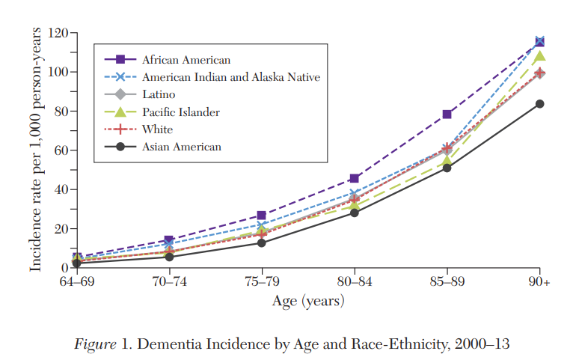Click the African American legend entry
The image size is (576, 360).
(186, 59)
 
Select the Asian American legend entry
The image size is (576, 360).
(181, 147)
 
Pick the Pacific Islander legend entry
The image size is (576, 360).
(180, 112)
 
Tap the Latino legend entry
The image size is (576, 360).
(159, 94)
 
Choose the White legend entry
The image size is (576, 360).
(157, 129)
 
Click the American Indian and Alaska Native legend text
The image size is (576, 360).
(231, 77)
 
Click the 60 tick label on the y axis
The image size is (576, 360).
(61, 150)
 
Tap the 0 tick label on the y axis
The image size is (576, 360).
(64, 268)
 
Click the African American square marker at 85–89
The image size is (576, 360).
(447, 114)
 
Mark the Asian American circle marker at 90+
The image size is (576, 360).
(539, 104)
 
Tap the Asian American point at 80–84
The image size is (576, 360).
(355, 213)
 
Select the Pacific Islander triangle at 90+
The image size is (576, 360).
(539, 56)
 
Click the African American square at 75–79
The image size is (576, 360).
(262, 216)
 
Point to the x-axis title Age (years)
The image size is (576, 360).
(308, 301)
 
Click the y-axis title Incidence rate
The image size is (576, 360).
(35, 150)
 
